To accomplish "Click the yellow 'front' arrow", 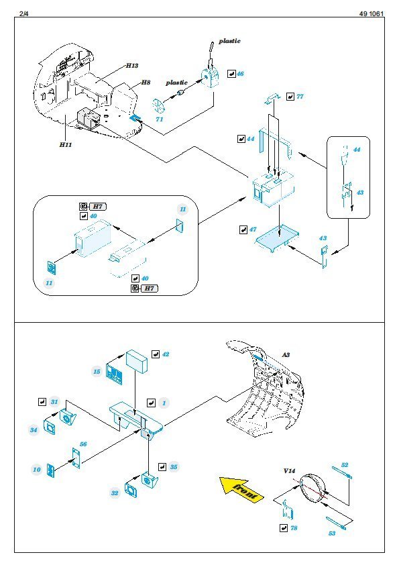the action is coord(241,489).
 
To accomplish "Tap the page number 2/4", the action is coord(23,13).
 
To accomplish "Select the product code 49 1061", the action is coord(372,13).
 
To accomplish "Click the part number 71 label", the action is coord(159,119).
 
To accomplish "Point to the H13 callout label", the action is coord(132,65).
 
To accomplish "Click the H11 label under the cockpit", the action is coord(66,144).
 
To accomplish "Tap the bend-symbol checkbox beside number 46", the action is coord(231,74).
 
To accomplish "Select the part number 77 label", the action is coord(300,97).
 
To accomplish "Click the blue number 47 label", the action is coord(253,229).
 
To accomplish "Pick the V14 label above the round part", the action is coord(289,470).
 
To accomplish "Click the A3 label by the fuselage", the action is coord(286,355).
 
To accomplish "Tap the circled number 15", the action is coord(97,372).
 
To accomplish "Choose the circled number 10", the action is coord(37,470).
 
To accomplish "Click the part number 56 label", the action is coord(83,444).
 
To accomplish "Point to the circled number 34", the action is coord(34,429).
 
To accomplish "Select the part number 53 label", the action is coord(332,533).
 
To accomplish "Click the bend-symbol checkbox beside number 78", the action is coord(284,528).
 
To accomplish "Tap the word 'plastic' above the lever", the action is coord(229,41).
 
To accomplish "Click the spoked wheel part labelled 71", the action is coord(158,105).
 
